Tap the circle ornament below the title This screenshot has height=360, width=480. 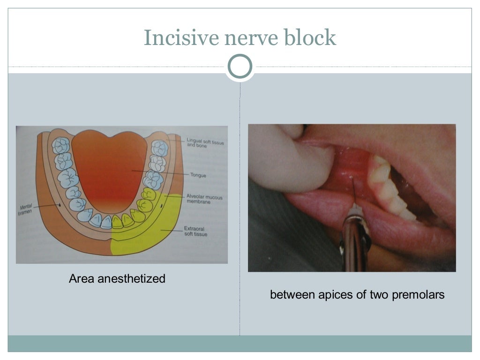coord(240,67)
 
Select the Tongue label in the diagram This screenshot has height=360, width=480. coord(198,175)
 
